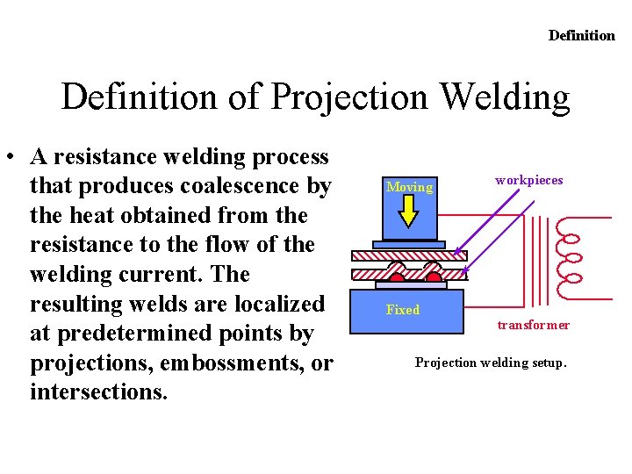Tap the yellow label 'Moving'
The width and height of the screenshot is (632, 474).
point(409,187)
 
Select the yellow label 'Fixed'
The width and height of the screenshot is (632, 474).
point(403,310)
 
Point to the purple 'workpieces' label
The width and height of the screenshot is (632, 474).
point(528,180)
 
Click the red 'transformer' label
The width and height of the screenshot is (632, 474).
point(533,325)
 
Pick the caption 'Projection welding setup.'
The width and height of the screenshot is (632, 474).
point(491,362)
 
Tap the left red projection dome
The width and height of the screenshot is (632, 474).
point(397,276)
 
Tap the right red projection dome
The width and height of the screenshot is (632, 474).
point(433,276)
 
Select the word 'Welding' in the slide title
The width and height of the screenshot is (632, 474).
point(505,97)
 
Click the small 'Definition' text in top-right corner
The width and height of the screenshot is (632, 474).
point(582,35)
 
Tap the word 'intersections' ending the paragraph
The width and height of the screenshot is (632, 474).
point(98,391)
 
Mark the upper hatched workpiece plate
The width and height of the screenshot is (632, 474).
point(409,256)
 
